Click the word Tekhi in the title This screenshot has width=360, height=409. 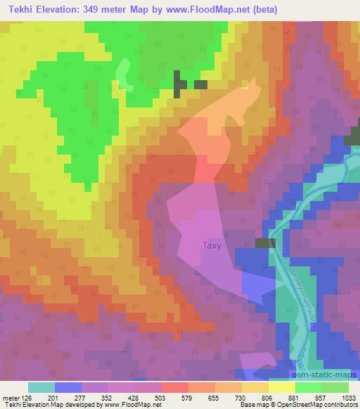coord(18,9)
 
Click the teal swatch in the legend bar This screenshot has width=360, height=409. coord(41,387)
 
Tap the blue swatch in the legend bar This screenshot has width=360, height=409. coord(68,387)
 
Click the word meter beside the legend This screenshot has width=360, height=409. coord(11,396)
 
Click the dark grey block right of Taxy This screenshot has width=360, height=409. coord(264,243)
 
